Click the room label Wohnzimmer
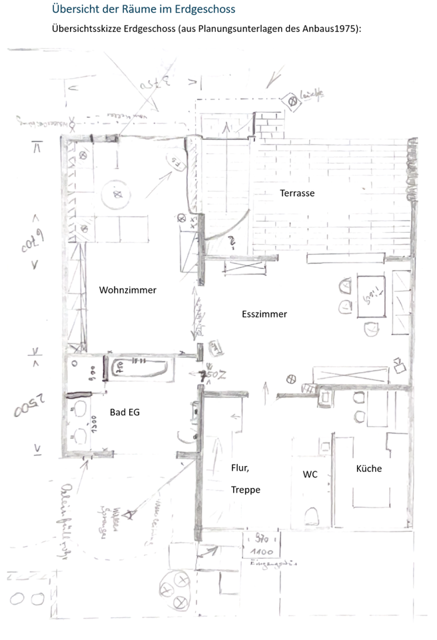(127, 290)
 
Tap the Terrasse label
(296, 193)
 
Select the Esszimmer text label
(264, 314)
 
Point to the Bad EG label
(125, 413)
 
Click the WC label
(310, 475)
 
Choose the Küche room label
(368, 469)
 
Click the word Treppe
(245, 489)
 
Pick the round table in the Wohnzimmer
(117, 195)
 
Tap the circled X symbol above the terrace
(291, 101)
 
